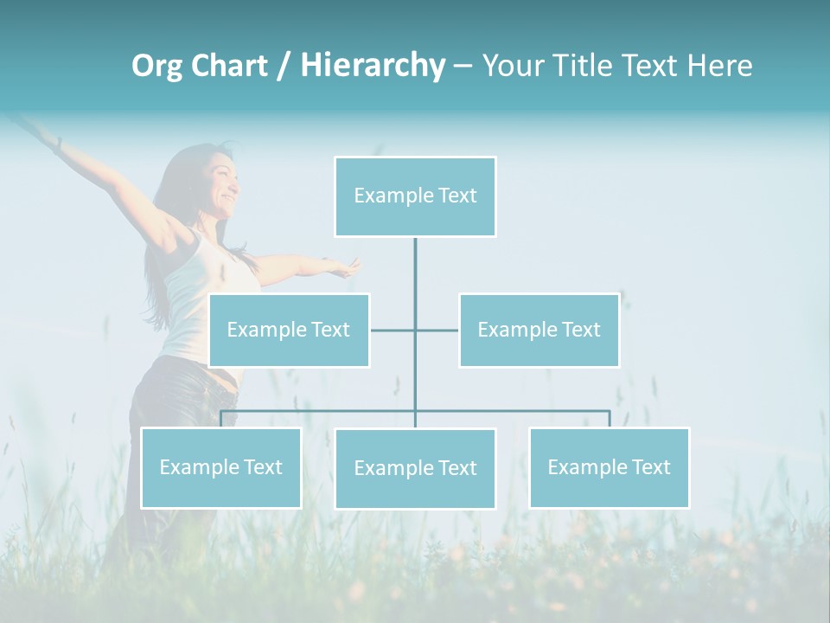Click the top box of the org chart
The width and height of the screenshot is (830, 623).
(415, 196)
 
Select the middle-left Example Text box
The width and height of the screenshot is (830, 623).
(289, 330)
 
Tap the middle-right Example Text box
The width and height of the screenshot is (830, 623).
(539, 330)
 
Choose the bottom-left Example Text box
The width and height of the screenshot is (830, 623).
(220, 467)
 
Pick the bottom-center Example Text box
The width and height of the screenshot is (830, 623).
(415, 468)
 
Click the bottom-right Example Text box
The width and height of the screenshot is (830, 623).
(609, 467)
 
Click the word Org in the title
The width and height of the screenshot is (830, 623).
(156, 66)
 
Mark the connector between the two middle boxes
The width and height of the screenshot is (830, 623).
(415, 330)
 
